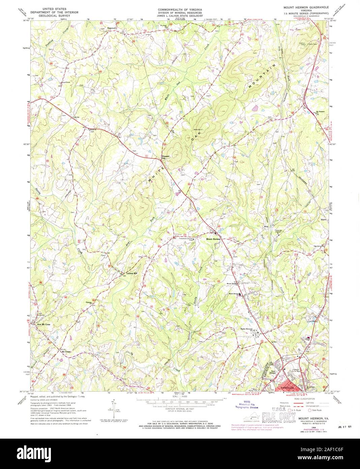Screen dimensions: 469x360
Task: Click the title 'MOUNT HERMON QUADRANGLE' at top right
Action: pyautogui.click(x=303, y=7)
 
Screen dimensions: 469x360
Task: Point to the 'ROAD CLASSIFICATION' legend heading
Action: pyautogui.click(x=304, y=398)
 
